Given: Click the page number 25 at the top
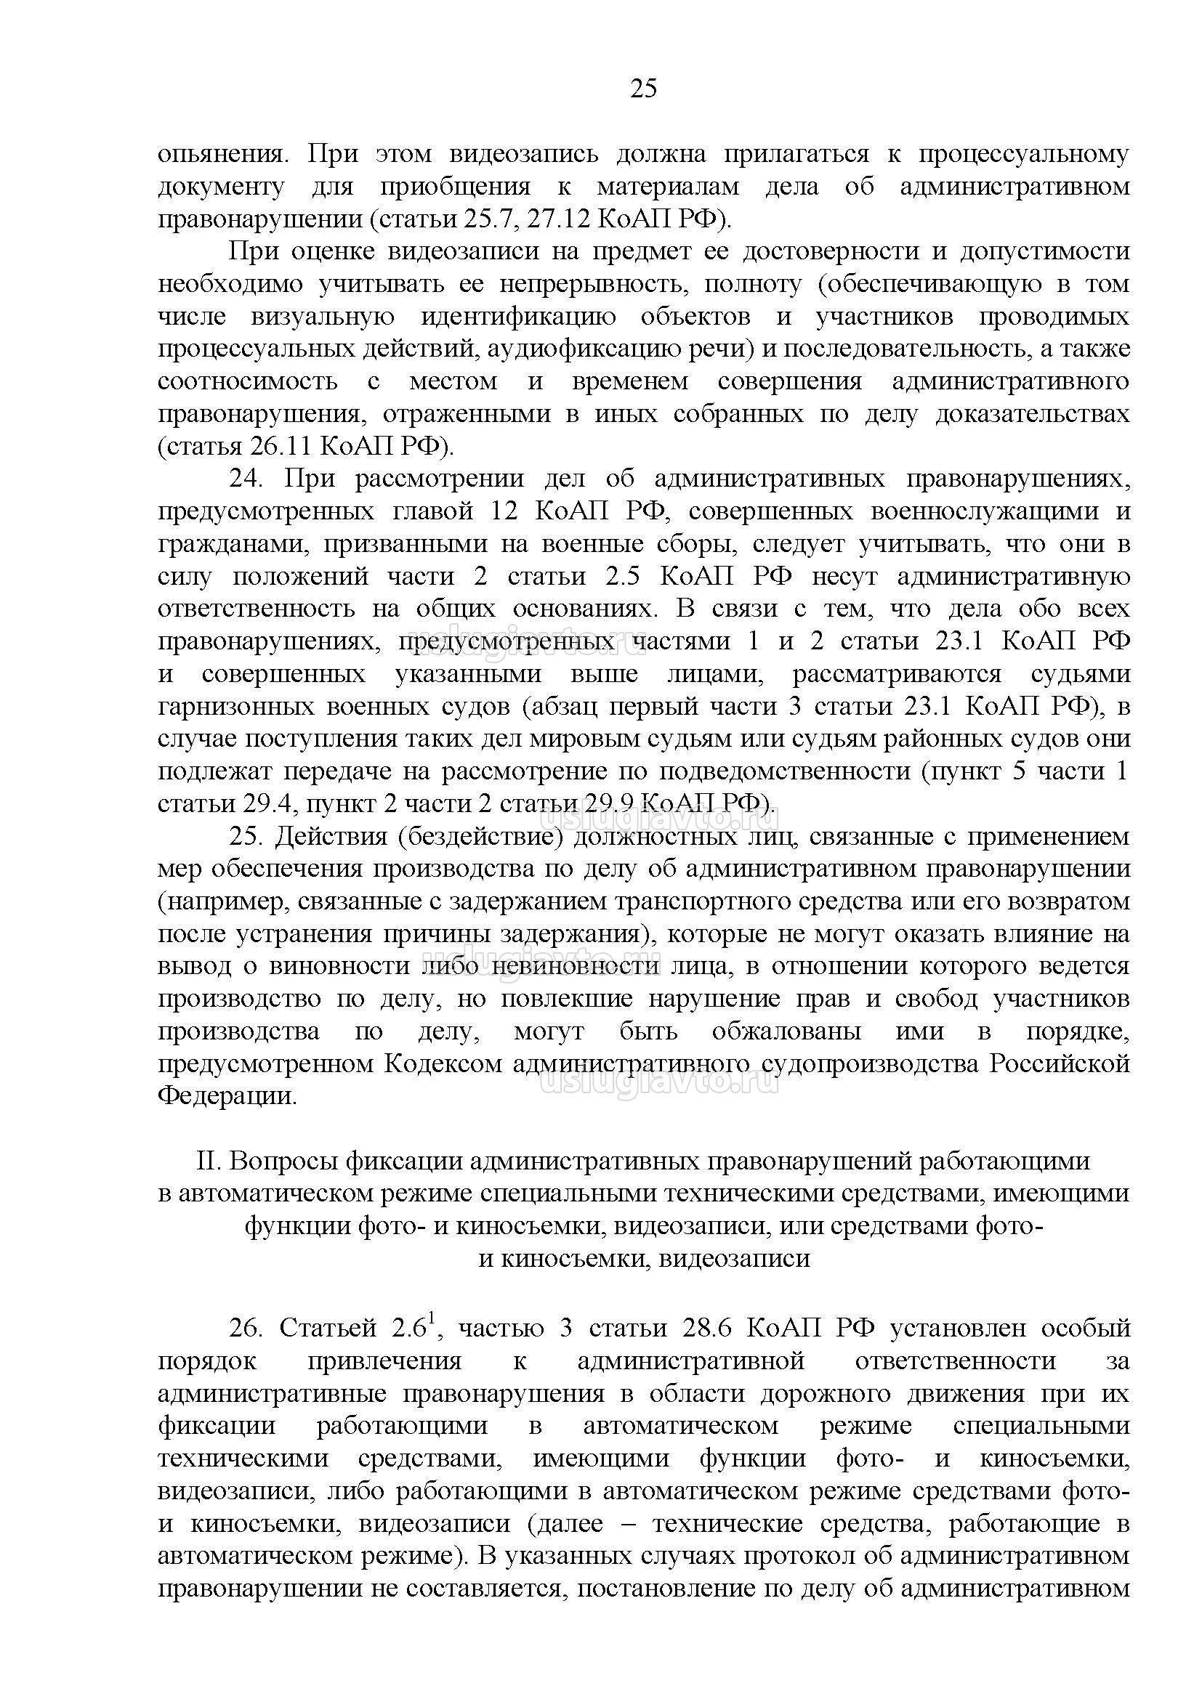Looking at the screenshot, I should (x=643, y=89).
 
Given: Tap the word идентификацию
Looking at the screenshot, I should (x=518, y=317).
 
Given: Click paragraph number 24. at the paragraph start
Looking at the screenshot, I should (x=246, y=479).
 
